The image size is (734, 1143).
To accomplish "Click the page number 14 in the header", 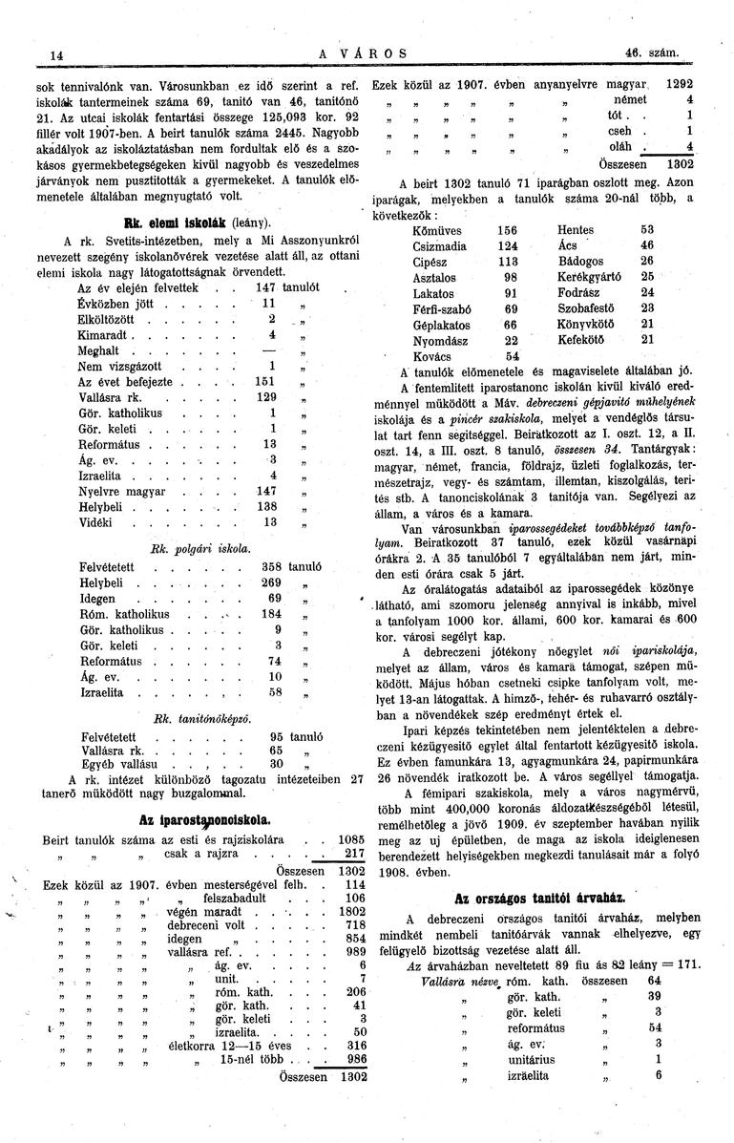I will pyautogui.click(x=56, y=55).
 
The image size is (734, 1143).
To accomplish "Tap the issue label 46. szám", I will pyautogui.click(x=649, y=53).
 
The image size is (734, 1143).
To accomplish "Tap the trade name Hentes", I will pyautogui.click(x=578, y=230).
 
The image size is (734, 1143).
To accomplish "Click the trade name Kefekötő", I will pyautogui.click(x=585, y=338).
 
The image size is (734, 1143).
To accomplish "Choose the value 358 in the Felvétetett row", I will pyautogui.click(x=275, y=567).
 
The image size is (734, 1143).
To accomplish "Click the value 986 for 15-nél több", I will pyautogui.click(x=354, y=1058).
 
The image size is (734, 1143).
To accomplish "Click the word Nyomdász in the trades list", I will pyautogui.click(x=437, y=338).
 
